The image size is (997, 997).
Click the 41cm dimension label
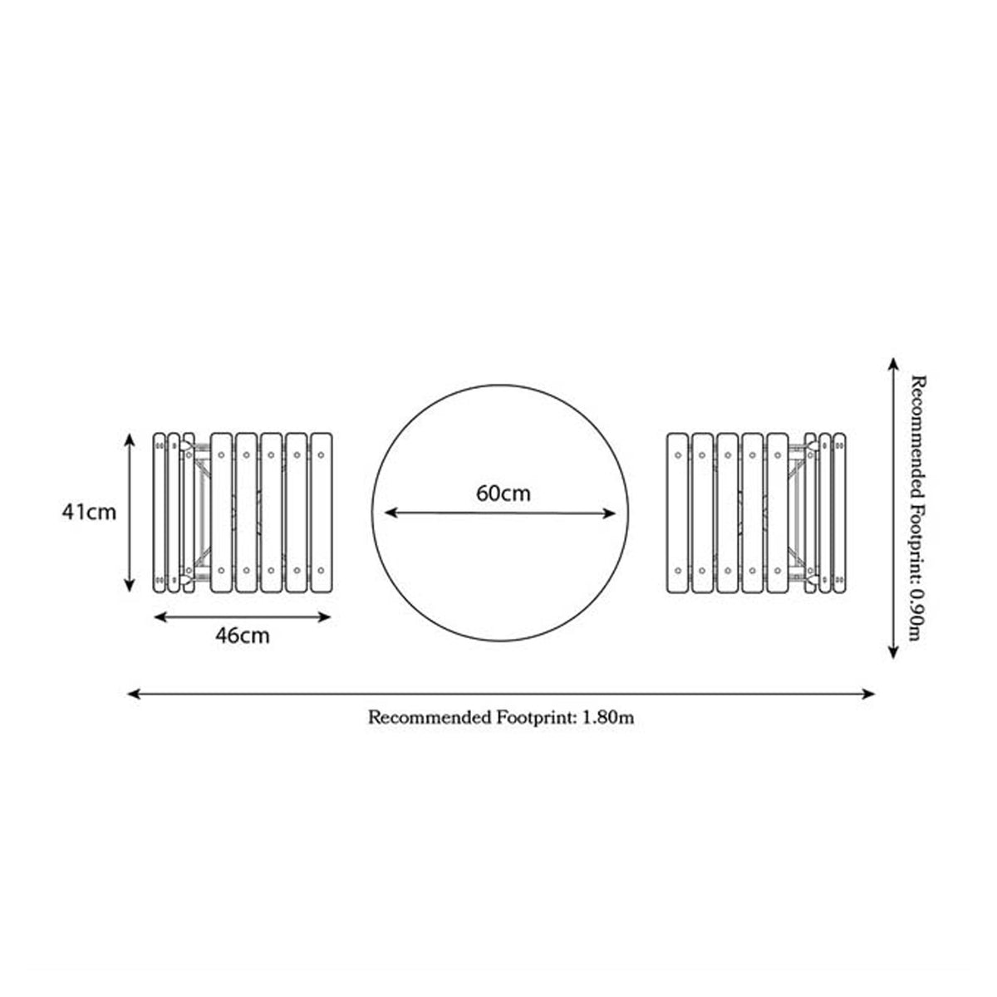click(x=89, y=513)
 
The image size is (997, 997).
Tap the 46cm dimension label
click(x=243, y=636)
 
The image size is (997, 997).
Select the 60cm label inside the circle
click(x=503, y=494)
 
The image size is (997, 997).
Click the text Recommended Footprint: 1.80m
click(x=501, y=718)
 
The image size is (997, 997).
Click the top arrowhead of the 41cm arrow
click(x=130, y=439)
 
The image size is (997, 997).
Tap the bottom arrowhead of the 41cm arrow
click(x=130, y=586)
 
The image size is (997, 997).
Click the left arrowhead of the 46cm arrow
click(x=160, y=617)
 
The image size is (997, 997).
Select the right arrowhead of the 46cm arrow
click(x=325, y=617)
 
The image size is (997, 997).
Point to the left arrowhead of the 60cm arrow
click(x=390, y=513)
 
